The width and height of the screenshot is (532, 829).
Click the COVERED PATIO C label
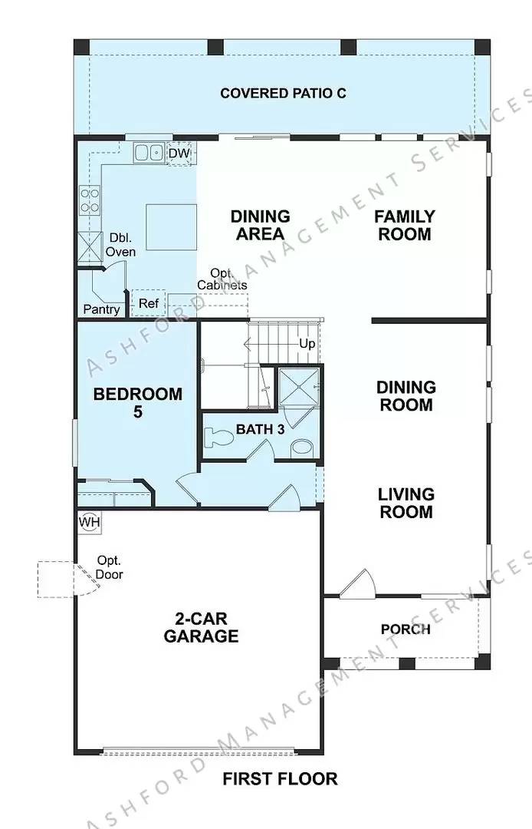click(x=283, y=94)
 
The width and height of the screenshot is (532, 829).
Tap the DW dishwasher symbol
click(x=179, y=154)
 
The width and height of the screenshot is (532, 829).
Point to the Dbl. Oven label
click(x=121, y=245)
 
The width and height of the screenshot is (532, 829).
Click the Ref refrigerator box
click(x=148, y=303)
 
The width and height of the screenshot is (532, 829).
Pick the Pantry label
click(x=102, y=309)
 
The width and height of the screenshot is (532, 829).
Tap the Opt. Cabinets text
click(x=222, y=279)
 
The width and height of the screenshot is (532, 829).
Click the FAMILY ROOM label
click(x=404, y=226)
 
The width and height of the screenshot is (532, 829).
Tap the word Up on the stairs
click(x=307, y=344)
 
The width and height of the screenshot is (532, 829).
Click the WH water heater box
click(x=89, y=523)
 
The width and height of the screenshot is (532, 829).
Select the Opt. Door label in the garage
click(x=110, y=567)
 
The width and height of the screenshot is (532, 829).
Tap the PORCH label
click(x=406, y=629)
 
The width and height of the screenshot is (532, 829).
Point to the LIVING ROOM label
click(x=406, y=503)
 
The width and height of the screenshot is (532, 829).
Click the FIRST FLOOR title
click(x=280, y=779)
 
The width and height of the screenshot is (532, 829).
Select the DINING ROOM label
click(x=406, y=396)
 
